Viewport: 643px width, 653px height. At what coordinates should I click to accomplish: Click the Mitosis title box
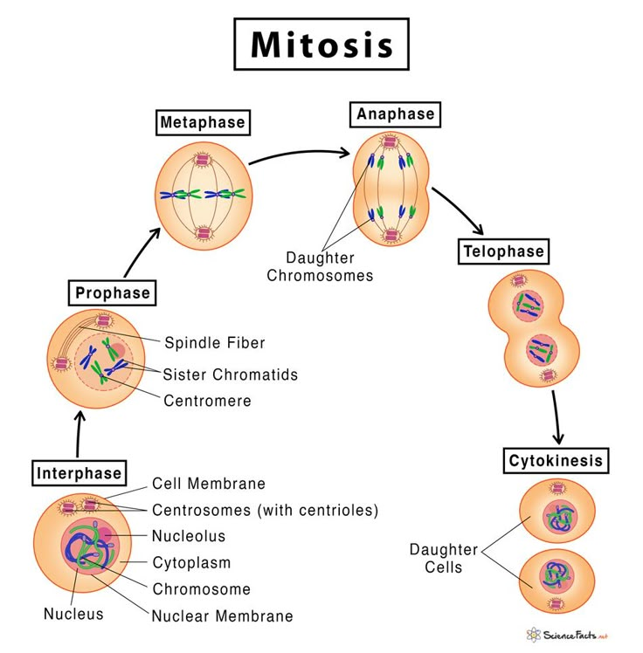tap(321, 45)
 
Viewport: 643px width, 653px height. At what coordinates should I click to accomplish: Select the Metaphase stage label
tap(202, 122)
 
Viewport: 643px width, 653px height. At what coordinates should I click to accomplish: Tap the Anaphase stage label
tap(395, 114)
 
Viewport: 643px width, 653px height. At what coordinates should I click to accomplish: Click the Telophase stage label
tap(503, 252)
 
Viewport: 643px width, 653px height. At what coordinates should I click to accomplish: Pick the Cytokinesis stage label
tap(556, 460)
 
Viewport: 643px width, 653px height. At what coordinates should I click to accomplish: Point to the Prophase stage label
tap(112, 292)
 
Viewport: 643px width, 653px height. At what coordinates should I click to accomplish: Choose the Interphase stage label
tap(79, 473)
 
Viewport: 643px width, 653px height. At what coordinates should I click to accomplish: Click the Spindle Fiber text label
tap(214, 343)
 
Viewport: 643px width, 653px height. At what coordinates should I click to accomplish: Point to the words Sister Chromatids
tap(230, 375)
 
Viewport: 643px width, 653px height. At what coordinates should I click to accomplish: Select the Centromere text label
tap(207, 401)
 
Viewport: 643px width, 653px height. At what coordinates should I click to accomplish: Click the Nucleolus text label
tap(188, 536)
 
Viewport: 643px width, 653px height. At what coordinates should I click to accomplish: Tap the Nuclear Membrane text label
tap(222, 615)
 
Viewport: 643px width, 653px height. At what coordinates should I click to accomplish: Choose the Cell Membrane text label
tap(208, 484)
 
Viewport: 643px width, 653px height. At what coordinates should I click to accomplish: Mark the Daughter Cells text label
tap(444, 559)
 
